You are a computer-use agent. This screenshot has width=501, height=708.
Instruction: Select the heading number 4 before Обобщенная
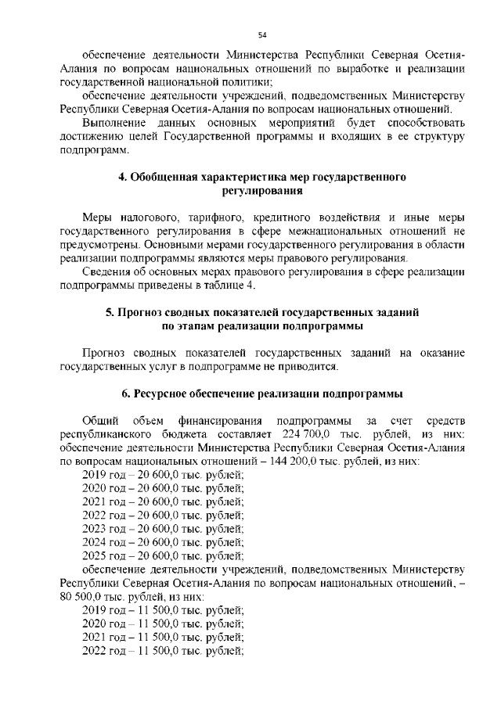[123, 178]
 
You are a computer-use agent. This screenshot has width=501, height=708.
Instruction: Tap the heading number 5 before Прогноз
[110, 312]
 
